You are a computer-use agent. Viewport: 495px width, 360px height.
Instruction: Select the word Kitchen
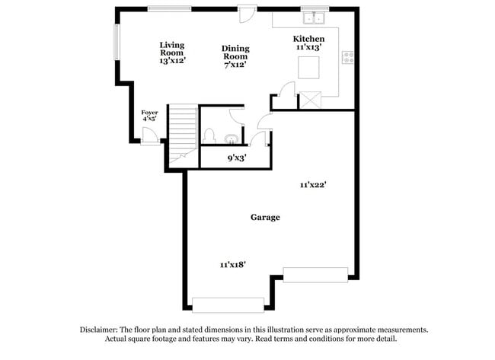click(309, 39)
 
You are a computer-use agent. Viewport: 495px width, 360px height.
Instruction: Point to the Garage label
click(265, 218)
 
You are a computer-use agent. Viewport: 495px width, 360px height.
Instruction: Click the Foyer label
click(149, 113)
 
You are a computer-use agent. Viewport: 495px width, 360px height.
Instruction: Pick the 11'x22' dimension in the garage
click(314, 184)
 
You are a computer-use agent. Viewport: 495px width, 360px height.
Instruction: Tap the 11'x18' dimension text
click(232, 264)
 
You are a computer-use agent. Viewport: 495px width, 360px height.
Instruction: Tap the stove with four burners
click(347, 56)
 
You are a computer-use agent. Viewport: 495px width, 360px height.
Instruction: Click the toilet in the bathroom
click(208, 135)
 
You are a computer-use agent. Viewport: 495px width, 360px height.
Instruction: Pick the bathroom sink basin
click(230, 139)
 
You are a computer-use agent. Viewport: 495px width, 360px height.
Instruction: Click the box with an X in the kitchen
click(310, 100)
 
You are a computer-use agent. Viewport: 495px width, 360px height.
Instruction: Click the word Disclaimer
click(101, 330)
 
